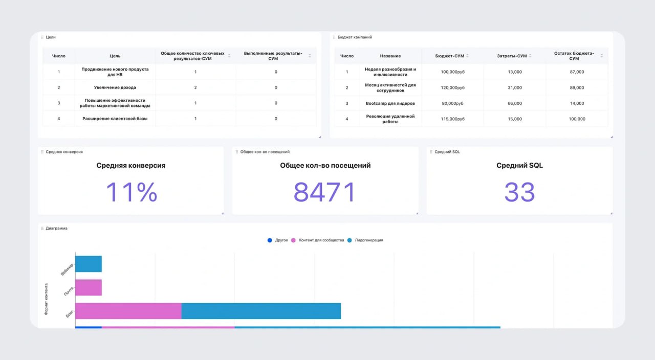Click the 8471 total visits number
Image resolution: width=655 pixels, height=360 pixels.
pyautogui.click(x=324, y=193)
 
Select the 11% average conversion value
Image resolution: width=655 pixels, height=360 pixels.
pyautogui.click(x=132, y=193)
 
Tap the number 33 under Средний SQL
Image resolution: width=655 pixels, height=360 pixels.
pyautogui.click(x=519, y=193)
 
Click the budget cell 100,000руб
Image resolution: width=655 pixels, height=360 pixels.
pyautogui.click(x=452, y=72)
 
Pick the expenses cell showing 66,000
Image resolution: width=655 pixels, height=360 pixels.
pyautogui.click(x=514, y=103)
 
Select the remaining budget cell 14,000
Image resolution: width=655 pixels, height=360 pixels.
pyautogui.click(x=577, y=103)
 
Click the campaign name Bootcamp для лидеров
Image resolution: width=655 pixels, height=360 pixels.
pyautogui.click(x=390, y=103)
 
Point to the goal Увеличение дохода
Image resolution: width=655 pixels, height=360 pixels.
pyautogui.click(x=115, y=87)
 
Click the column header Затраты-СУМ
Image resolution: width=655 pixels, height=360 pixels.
pyautogui.click(x=512, y=56)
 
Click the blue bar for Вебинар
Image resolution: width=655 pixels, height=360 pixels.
pyautogui.click(x=89, y=264)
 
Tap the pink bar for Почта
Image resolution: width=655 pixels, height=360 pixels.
pyautogui.click(x=89, y=287)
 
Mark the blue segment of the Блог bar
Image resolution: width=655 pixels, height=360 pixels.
pyautogui.click(x=261, y=311)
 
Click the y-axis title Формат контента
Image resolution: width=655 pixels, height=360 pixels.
pyautogui.click(x=46, y=299)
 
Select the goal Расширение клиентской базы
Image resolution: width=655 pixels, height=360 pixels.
pyautogui.click(x=115, y=119)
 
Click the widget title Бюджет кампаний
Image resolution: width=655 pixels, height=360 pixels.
pyautogui.click(x=355, y=37)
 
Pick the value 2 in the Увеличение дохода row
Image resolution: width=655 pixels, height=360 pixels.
pyautogui.click(x=195, y=87)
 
